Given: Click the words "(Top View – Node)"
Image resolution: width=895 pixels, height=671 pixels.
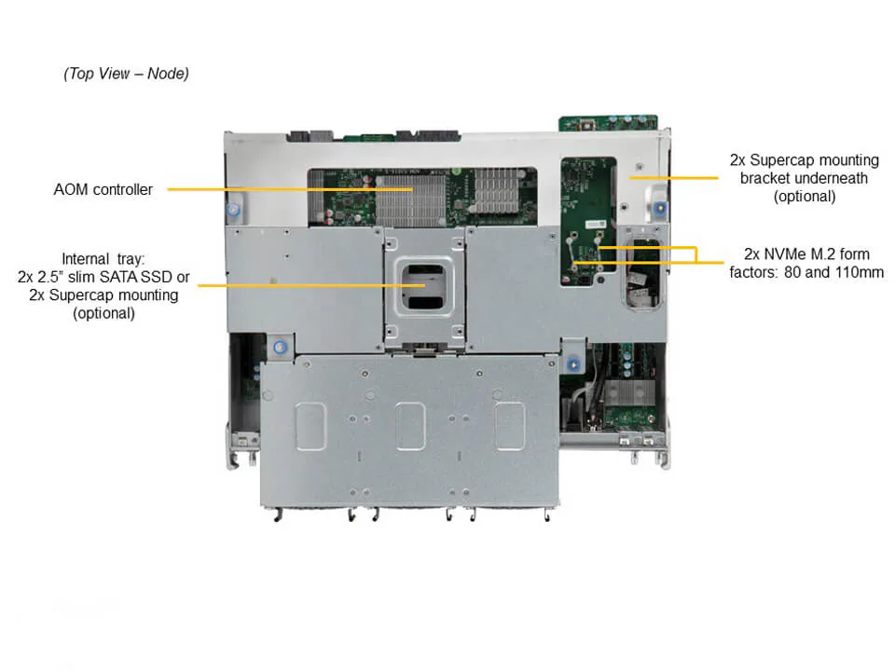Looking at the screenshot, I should tap(126, 74).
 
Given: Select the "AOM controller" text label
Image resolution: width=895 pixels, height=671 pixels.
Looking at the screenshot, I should tap(103, 189).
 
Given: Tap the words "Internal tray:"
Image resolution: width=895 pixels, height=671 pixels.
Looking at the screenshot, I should tap(103, 258).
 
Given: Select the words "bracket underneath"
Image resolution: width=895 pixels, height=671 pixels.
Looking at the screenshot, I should tap(804, 178).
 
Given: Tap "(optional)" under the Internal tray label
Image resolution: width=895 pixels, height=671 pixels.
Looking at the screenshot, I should tap(103, 314).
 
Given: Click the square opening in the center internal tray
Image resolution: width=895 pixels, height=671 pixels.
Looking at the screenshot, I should tap(424, 285).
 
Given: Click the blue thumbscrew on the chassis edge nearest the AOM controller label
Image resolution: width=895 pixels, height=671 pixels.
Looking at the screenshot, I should tap(233, 210).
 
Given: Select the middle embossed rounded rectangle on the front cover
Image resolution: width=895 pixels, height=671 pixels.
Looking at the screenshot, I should tap(410, 426).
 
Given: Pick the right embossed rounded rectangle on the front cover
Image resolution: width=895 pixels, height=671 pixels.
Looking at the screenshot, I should tap(509, 426).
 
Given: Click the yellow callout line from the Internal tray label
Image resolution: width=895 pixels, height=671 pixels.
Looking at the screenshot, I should tap(308, 284).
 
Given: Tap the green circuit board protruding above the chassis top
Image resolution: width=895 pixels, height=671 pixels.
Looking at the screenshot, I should tap(607, 123).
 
